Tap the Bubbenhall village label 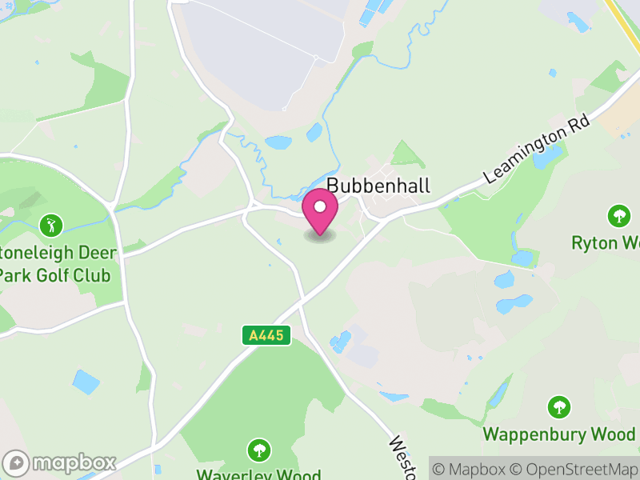coord(378,186)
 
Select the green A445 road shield coord(266,336)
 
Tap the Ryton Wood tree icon coord(618,215)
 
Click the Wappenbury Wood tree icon coord(559,407)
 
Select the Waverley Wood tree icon coord(258,449)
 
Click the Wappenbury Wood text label coord(558,434)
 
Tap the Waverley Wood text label coord(258,472)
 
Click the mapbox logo coord(60,462)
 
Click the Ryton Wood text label coord(606,242)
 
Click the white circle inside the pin coord(320,207)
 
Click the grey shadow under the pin coord(320,237)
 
